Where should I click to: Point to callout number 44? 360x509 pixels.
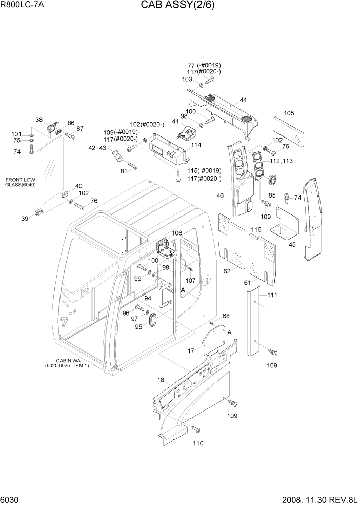point(243,100)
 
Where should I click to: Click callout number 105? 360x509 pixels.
point(289,113)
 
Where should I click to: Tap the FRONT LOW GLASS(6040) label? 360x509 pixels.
point(21,182)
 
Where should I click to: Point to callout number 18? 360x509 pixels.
point(161,380)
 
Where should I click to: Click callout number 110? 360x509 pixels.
point(197,443)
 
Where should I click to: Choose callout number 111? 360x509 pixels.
point(272,295)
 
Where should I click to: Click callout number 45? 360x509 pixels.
point(292,245)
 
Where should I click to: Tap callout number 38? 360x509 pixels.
point(39,120)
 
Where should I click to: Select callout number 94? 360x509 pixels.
point(148,298)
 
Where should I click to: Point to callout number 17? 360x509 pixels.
point(191,351)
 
